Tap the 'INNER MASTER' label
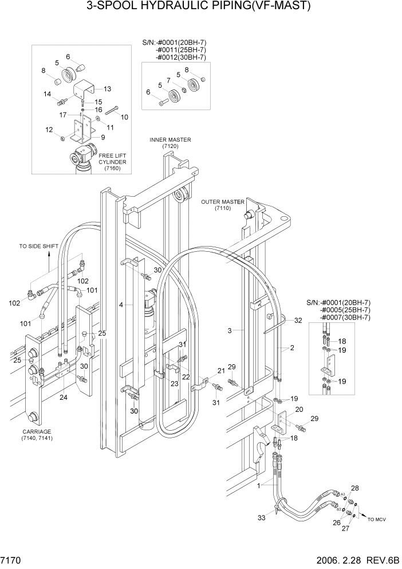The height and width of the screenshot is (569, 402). (170, 140)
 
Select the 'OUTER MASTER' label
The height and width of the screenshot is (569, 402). (222, 202)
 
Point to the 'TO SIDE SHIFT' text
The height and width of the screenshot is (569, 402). (39, 246)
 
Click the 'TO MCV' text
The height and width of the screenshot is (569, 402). (377, 519)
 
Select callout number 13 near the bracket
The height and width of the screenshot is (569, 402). (107, 88)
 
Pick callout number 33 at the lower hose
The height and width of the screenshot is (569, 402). (262, 518)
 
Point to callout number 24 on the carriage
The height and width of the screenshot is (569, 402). (63, 397)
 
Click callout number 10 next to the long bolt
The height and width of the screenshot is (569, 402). (124, 117)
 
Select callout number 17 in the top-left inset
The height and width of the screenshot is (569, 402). (64, 115)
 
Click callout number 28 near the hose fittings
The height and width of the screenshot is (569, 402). (355, 488)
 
